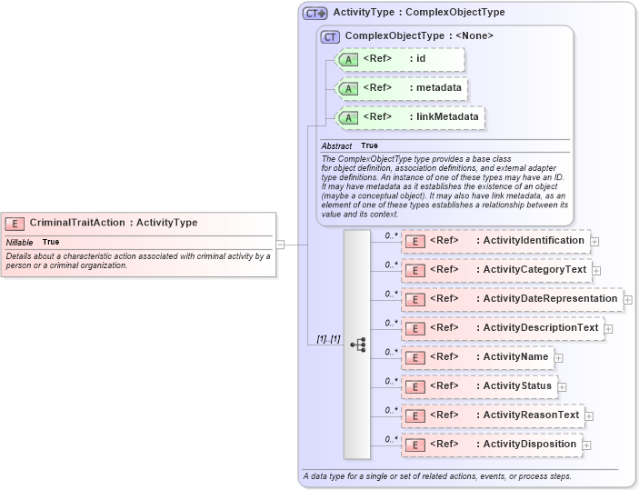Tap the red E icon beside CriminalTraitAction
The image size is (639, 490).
point(15,223)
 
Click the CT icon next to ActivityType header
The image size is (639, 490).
point(315,13)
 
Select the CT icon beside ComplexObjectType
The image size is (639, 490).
point(330,36)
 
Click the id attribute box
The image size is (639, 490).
point(401,59)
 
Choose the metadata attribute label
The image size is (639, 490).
point(402,88)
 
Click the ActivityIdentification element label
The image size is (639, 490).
point(533,241)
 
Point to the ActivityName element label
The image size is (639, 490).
point(515,357)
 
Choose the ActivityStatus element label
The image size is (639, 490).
point(517,386)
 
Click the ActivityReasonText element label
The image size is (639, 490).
point(531,415)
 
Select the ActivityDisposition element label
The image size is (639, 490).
point(530,445)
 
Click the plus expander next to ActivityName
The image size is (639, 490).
point(559,358)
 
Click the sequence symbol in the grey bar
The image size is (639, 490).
point(357,345)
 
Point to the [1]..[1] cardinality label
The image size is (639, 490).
point(328,339)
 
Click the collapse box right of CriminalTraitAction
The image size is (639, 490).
point(281,244)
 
